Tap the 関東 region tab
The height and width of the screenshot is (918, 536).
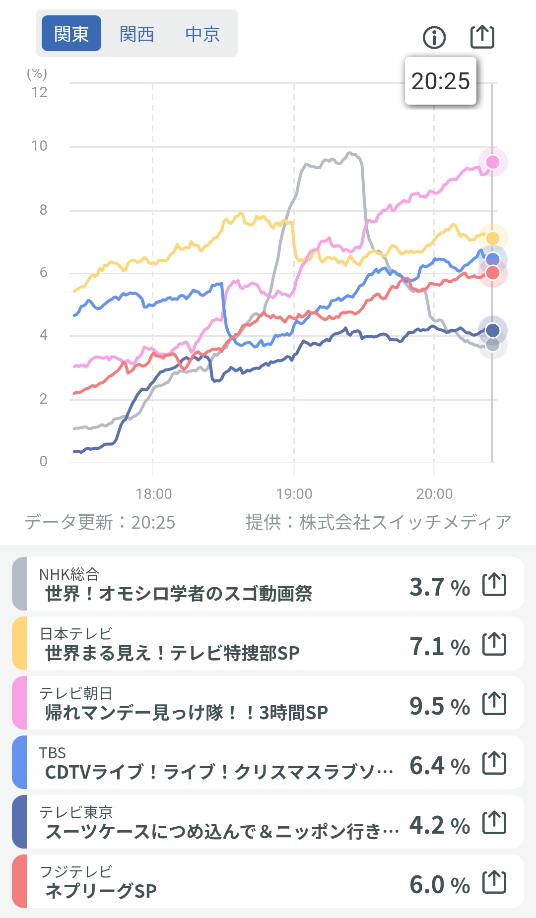coord(71,34)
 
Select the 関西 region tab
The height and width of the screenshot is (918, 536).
coord(136,34)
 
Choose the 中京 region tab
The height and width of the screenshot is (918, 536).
coord(202,34)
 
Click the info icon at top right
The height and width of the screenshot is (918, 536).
coord(434,37)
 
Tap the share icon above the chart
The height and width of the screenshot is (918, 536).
coord(482,37)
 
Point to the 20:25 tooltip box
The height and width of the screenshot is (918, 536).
coord(440,81)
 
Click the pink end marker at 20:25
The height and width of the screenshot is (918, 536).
coord(492,162)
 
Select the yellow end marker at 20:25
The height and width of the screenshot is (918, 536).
coord(492,239)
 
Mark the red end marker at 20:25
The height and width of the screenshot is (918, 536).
coord(492,273)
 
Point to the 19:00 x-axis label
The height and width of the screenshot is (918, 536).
coord(294,494)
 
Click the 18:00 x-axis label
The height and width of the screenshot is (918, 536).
coord(154,494)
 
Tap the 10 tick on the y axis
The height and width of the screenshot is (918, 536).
coord(39,146)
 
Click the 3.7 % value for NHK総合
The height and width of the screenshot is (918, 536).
coord(439,587)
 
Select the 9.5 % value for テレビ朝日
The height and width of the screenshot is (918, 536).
coord(439,706)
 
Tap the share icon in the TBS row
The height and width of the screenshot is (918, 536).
coord(494,763)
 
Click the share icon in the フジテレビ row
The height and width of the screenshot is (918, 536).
coord(494,882)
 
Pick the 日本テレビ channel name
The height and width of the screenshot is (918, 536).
coord(76,633)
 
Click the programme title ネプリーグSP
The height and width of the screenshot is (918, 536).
coord(101,891)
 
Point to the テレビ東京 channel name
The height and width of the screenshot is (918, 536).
coord(76,812)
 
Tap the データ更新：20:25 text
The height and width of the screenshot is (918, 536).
coord(100,522)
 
